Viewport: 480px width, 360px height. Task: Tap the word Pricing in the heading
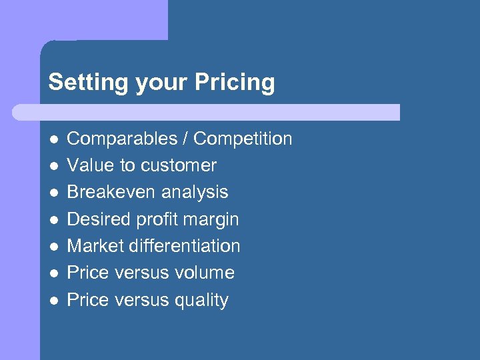(x=235, y=83)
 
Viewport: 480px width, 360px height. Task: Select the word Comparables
(x=117, y=139)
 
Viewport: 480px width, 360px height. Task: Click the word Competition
(x=243, y=139)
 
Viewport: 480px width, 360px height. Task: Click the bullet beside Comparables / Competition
(x=53, y=139)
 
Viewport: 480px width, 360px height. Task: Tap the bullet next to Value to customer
(x=53, y=166)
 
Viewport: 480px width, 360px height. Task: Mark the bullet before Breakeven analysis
(x=53, y=193)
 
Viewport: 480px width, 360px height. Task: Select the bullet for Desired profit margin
(x=53, y=219)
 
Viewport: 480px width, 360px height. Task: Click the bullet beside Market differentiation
(x=53, y=246)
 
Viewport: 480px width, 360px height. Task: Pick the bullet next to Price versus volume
(x=53, y=273)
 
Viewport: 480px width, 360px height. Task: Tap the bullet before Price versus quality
(x=53, y=300)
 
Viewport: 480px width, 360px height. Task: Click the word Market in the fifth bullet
(x=95, y=246)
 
